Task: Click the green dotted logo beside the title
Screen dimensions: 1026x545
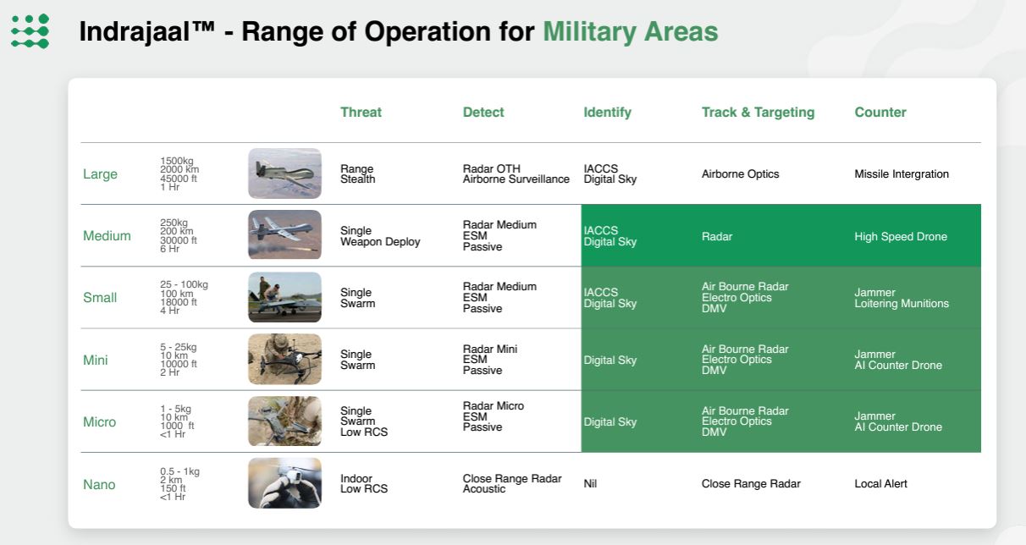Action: coord(30,31)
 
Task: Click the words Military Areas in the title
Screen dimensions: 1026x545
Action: coord(631,31)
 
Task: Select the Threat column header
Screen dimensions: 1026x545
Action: coord(361,113)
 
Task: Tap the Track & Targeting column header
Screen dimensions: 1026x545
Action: coord(758,113)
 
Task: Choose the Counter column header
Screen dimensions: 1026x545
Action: coord(880,113)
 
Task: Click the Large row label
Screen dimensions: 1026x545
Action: coord(100,174)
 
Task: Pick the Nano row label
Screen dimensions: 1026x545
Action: coord(99,485)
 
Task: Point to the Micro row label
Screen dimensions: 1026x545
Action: coord(99,421)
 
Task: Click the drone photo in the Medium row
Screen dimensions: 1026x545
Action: coord(285,234)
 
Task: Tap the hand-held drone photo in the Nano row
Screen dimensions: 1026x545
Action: coord(285,483)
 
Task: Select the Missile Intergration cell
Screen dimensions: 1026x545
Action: coord(902,174)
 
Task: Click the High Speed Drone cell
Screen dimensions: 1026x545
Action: coord(901,236)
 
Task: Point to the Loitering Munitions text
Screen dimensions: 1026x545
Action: coord(902,303)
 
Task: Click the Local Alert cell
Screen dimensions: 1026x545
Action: coord(880,483)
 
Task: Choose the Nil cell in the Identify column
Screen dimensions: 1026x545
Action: coord(590,483)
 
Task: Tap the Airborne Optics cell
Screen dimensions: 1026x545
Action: coord(740,174)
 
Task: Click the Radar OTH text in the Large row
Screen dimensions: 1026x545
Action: coord(492,168)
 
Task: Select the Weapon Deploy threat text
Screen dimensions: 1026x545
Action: coord(380,242)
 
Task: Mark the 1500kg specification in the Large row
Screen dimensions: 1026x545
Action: coord(177,161)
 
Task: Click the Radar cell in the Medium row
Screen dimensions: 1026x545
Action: coord(717,236)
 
